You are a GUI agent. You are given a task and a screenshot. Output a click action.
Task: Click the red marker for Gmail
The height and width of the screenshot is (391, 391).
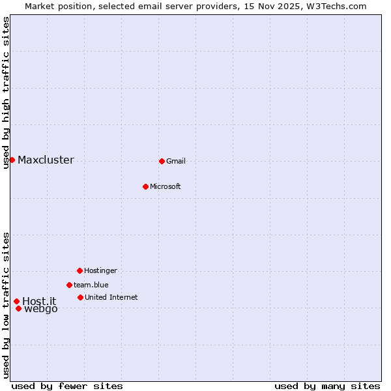(x=162, y=161)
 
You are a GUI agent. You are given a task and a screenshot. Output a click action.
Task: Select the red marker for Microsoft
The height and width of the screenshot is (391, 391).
(x=145, y=186)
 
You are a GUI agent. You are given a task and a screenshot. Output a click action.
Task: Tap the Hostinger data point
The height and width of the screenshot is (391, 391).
(x=80, y=270)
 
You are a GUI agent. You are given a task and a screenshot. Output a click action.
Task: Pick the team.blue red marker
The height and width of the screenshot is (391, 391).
(x=69, y=285)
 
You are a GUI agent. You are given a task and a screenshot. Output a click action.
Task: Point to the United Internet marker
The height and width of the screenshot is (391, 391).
(x=80, y=297)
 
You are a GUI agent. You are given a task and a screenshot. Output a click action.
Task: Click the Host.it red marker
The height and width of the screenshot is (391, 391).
(x=16, y=301)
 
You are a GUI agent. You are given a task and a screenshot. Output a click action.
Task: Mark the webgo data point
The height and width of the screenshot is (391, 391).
(x=18, y=308)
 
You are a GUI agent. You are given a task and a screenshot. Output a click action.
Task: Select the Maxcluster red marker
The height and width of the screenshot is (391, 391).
(x=12, y=160)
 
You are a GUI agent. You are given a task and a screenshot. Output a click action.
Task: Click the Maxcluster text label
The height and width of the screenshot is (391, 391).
(x=46, y=160)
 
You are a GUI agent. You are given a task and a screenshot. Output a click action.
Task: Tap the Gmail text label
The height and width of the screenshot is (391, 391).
(x=176, y=162)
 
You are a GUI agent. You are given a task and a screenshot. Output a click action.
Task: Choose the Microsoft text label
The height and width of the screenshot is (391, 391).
(x=165, y=187)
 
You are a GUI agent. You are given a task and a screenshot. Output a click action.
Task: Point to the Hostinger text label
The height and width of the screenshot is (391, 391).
(x=100, y=270)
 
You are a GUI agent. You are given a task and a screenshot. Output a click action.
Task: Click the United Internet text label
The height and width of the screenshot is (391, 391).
(x=111, y=298)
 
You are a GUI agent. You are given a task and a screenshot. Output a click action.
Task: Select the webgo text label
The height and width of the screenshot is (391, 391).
(x=41, y=309)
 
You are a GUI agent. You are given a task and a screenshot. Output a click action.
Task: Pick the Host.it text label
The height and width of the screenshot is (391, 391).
(x=39, y=301)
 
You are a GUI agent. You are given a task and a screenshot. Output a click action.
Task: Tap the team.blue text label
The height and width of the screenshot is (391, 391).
(x=91, y=285)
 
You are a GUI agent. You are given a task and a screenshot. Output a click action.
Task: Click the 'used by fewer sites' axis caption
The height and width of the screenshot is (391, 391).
(x=67, y=386)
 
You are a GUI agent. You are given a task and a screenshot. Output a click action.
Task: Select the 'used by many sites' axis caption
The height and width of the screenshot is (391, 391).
(x=327, y=386)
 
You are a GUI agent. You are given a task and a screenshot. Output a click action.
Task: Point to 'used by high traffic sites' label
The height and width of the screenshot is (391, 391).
(x=6, y=93)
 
